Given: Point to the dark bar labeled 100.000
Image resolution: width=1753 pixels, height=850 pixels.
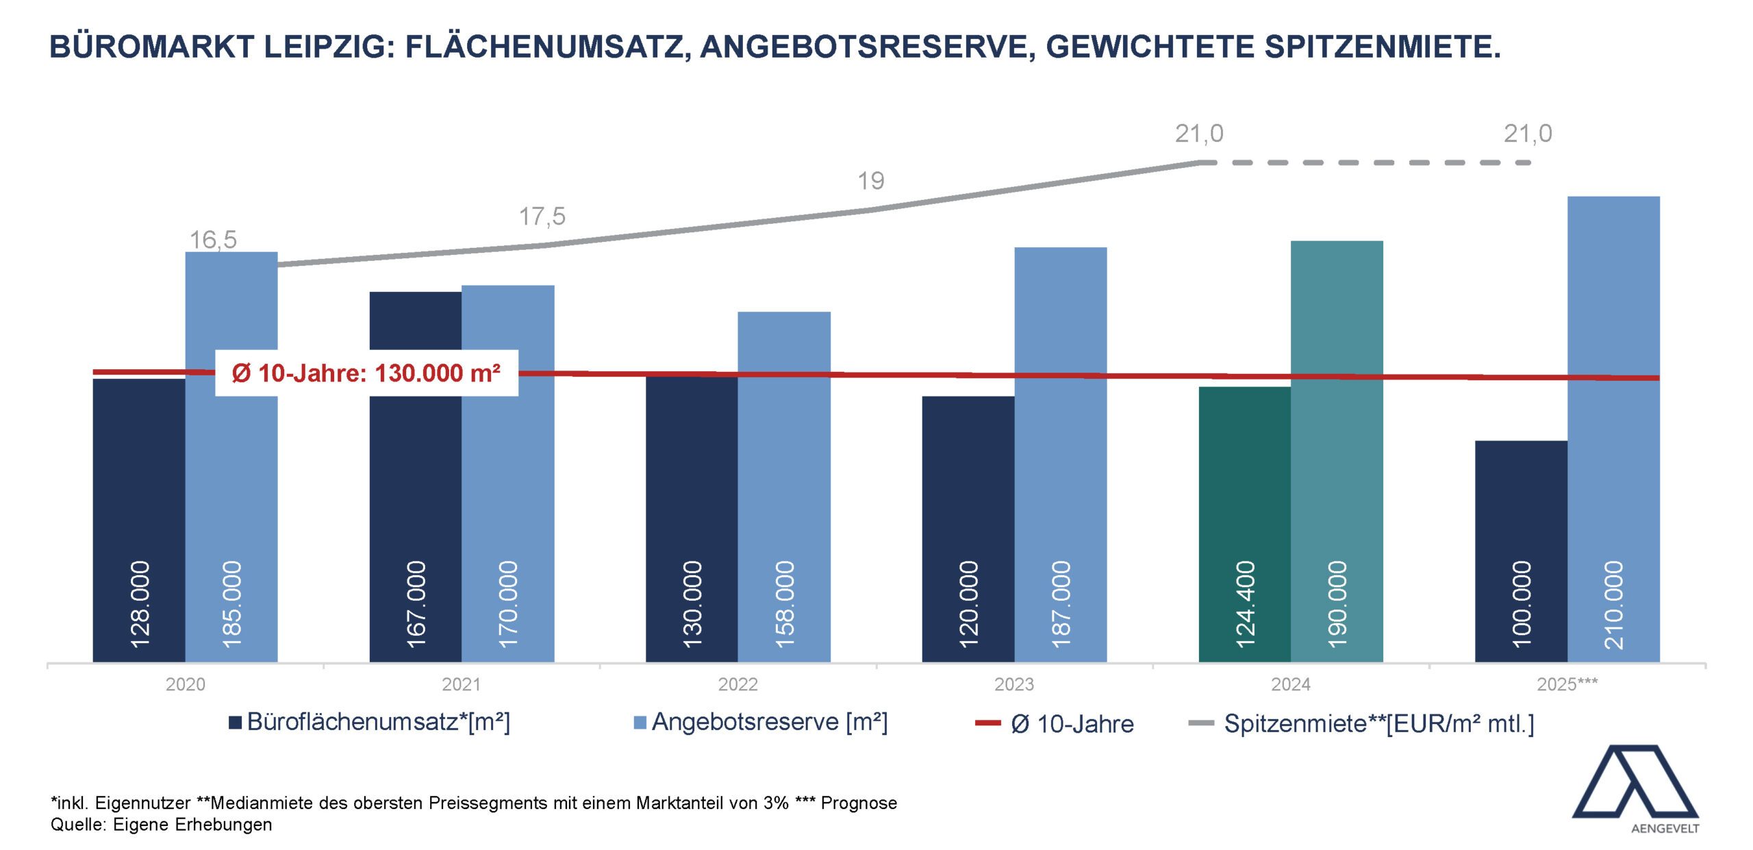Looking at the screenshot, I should coord(1521,548).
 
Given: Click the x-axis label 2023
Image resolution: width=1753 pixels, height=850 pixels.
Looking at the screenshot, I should coord(1014,684).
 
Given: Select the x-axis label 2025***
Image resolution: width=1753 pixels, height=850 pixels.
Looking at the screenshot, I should coord(1567,684).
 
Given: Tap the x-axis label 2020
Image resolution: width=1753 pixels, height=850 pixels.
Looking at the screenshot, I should coord(185,684).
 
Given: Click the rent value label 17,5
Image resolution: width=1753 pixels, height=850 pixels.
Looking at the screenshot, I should coord(542,216).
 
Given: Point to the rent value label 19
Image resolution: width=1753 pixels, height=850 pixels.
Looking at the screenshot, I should coord(871,181).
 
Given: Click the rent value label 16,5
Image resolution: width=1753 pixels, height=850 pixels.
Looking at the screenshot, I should coord(213,240).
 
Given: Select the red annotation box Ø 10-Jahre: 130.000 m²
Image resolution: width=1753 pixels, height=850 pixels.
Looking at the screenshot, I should coord(366,373).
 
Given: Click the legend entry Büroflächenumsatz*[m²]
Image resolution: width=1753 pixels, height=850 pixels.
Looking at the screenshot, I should coord(378,722).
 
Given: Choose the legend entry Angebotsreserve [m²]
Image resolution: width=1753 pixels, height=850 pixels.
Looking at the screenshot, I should coord(769,722).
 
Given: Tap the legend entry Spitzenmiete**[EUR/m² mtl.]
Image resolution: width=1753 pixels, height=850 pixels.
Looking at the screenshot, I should coord(1378,724).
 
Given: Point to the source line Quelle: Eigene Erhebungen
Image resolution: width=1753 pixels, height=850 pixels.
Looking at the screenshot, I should coord(162,825).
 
